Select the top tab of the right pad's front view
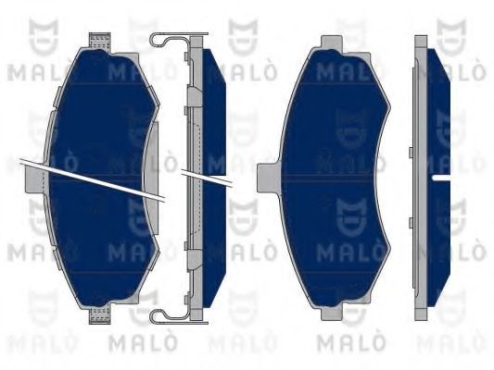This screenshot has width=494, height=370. coord(332,43)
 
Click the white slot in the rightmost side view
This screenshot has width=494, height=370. coord(439,174)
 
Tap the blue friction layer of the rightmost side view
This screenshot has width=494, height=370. coord(438,111)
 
